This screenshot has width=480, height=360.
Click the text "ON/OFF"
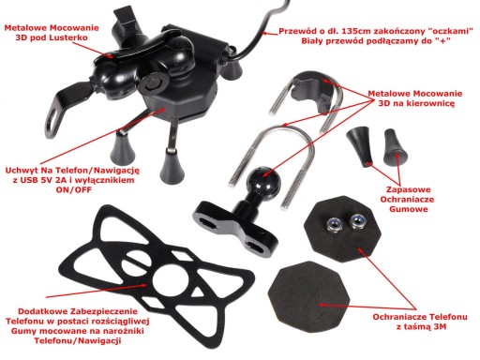point(74,189)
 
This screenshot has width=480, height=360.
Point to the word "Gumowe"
point(409,209)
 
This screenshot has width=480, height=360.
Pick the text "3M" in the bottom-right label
point(440,327)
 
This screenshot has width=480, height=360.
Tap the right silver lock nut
point(357,222)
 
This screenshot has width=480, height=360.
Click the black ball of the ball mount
point(263,180)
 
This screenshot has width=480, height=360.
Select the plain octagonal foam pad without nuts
point(308,294)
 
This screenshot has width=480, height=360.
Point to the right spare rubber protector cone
point(395,147)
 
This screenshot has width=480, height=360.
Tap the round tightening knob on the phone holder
point(153,83)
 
